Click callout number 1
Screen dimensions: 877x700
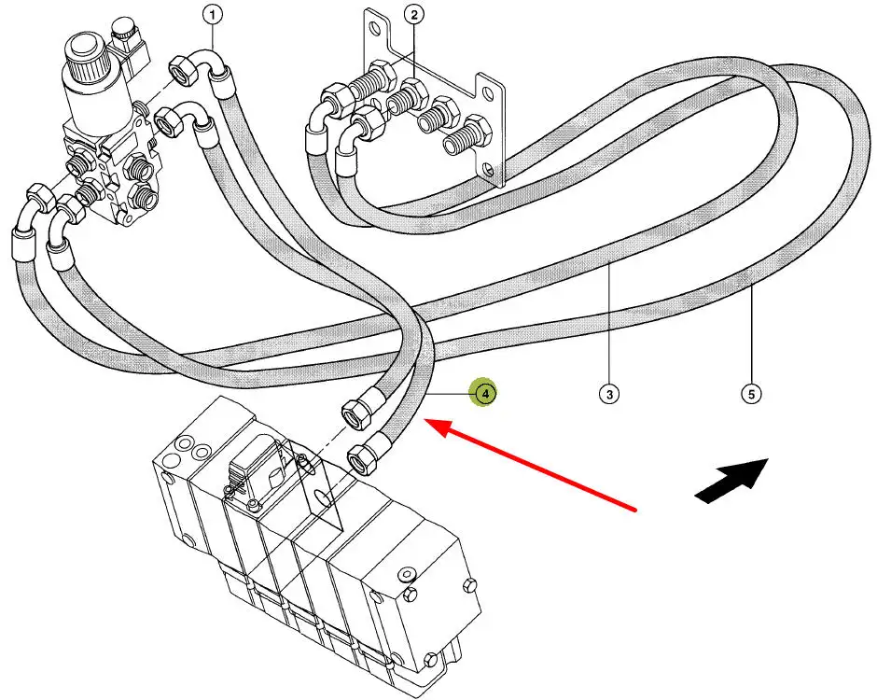[214, 15]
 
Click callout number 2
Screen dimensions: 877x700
[414, 15]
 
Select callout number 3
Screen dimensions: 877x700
[608, 395]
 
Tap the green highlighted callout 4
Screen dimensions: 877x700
[485, 394]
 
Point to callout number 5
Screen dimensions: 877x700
[751, 395]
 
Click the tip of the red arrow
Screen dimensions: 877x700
[426, 423]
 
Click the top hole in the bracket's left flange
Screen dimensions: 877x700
[374, 29]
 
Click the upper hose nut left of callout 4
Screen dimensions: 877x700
[355, 411]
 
